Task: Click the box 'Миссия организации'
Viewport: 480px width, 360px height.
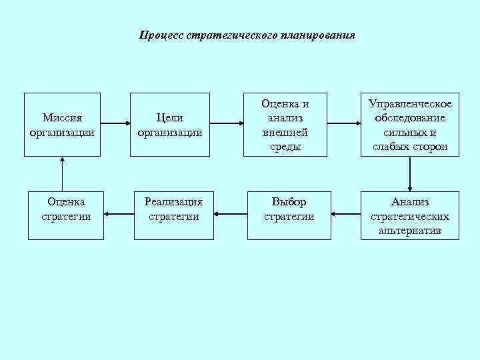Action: (x=62, y=124)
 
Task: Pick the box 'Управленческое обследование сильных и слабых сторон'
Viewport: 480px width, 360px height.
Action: (x=410, y=124)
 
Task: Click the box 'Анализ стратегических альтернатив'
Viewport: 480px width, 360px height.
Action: (x=410, y=215)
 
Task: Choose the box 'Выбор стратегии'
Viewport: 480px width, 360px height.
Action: (x=289, y=215)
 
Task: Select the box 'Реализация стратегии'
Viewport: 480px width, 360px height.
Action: (x=173, y=215)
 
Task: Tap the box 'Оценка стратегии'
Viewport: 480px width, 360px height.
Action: (x=65, y=215)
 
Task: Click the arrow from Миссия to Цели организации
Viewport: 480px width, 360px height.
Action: (x=116, y=123)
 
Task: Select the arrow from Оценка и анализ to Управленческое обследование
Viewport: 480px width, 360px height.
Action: (x=344, y=123)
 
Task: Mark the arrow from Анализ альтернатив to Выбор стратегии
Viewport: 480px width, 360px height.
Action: (x=346, y=215)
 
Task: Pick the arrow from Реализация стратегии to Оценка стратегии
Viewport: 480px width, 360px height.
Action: (x=119, y=215)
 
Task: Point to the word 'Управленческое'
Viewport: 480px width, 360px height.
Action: (x=410, y=104)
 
